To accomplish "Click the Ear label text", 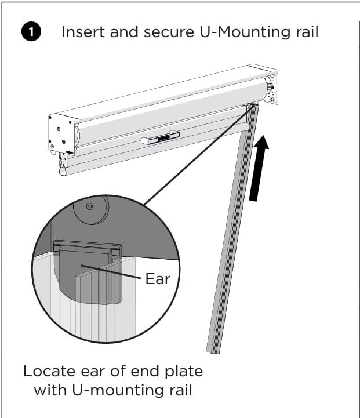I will [x=158, y=279].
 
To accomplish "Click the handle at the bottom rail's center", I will [x=160, y=138].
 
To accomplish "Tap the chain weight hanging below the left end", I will [x=62, y=170].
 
